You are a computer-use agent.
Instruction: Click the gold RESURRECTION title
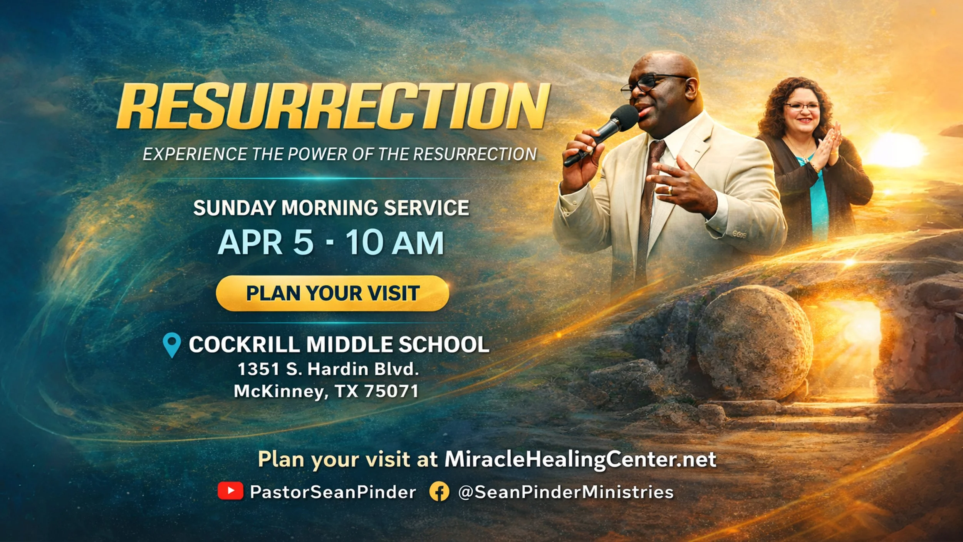(x=333, y=106)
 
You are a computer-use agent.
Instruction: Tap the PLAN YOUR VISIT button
(x=332, y=293)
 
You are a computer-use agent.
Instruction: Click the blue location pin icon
(x=172, y=344)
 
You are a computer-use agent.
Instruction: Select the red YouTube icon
(x=230, y=491)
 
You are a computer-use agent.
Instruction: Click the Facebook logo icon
(x=439, y=492)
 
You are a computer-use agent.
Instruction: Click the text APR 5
(x=266, y=243)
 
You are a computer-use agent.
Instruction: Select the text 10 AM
(x=395, y=243)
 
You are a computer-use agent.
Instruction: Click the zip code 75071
(x=391, y=391)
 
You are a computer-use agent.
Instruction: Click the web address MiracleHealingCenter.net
(x=580, y=459)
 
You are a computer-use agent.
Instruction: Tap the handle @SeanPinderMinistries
(x=565, y=492)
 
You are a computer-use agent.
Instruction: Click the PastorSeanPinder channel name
(x=333, y=492)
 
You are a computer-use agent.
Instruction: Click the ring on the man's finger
(x=670, y=190)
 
